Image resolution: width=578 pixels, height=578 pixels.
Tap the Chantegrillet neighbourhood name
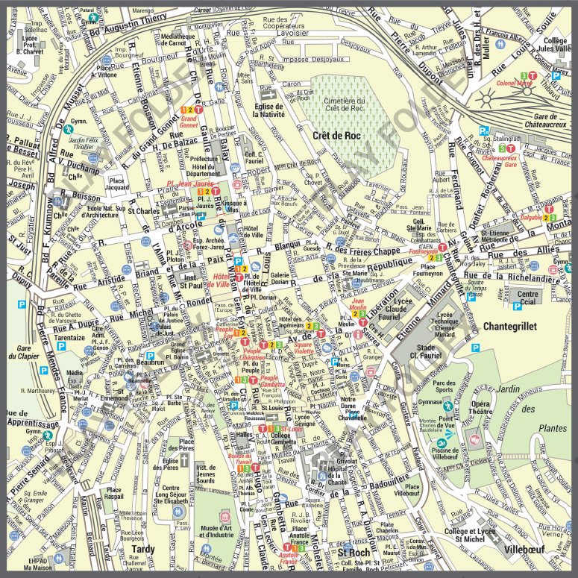click(x=515, y=326)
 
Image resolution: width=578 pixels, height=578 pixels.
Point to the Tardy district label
click(x=143, y=550)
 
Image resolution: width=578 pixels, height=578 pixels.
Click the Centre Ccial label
click(x=527, y=298)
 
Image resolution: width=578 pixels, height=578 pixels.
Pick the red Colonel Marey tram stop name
click(x=514, y=84)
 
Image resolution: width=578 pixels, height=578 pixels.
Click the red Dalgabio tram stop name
click(x=531, y=218)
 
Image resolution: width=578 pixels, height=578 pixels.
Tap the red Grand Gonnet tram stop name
click(x=189, y=122)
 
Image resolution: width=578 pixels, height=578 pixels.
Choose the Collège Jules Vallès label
click(x=556, y=45)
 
